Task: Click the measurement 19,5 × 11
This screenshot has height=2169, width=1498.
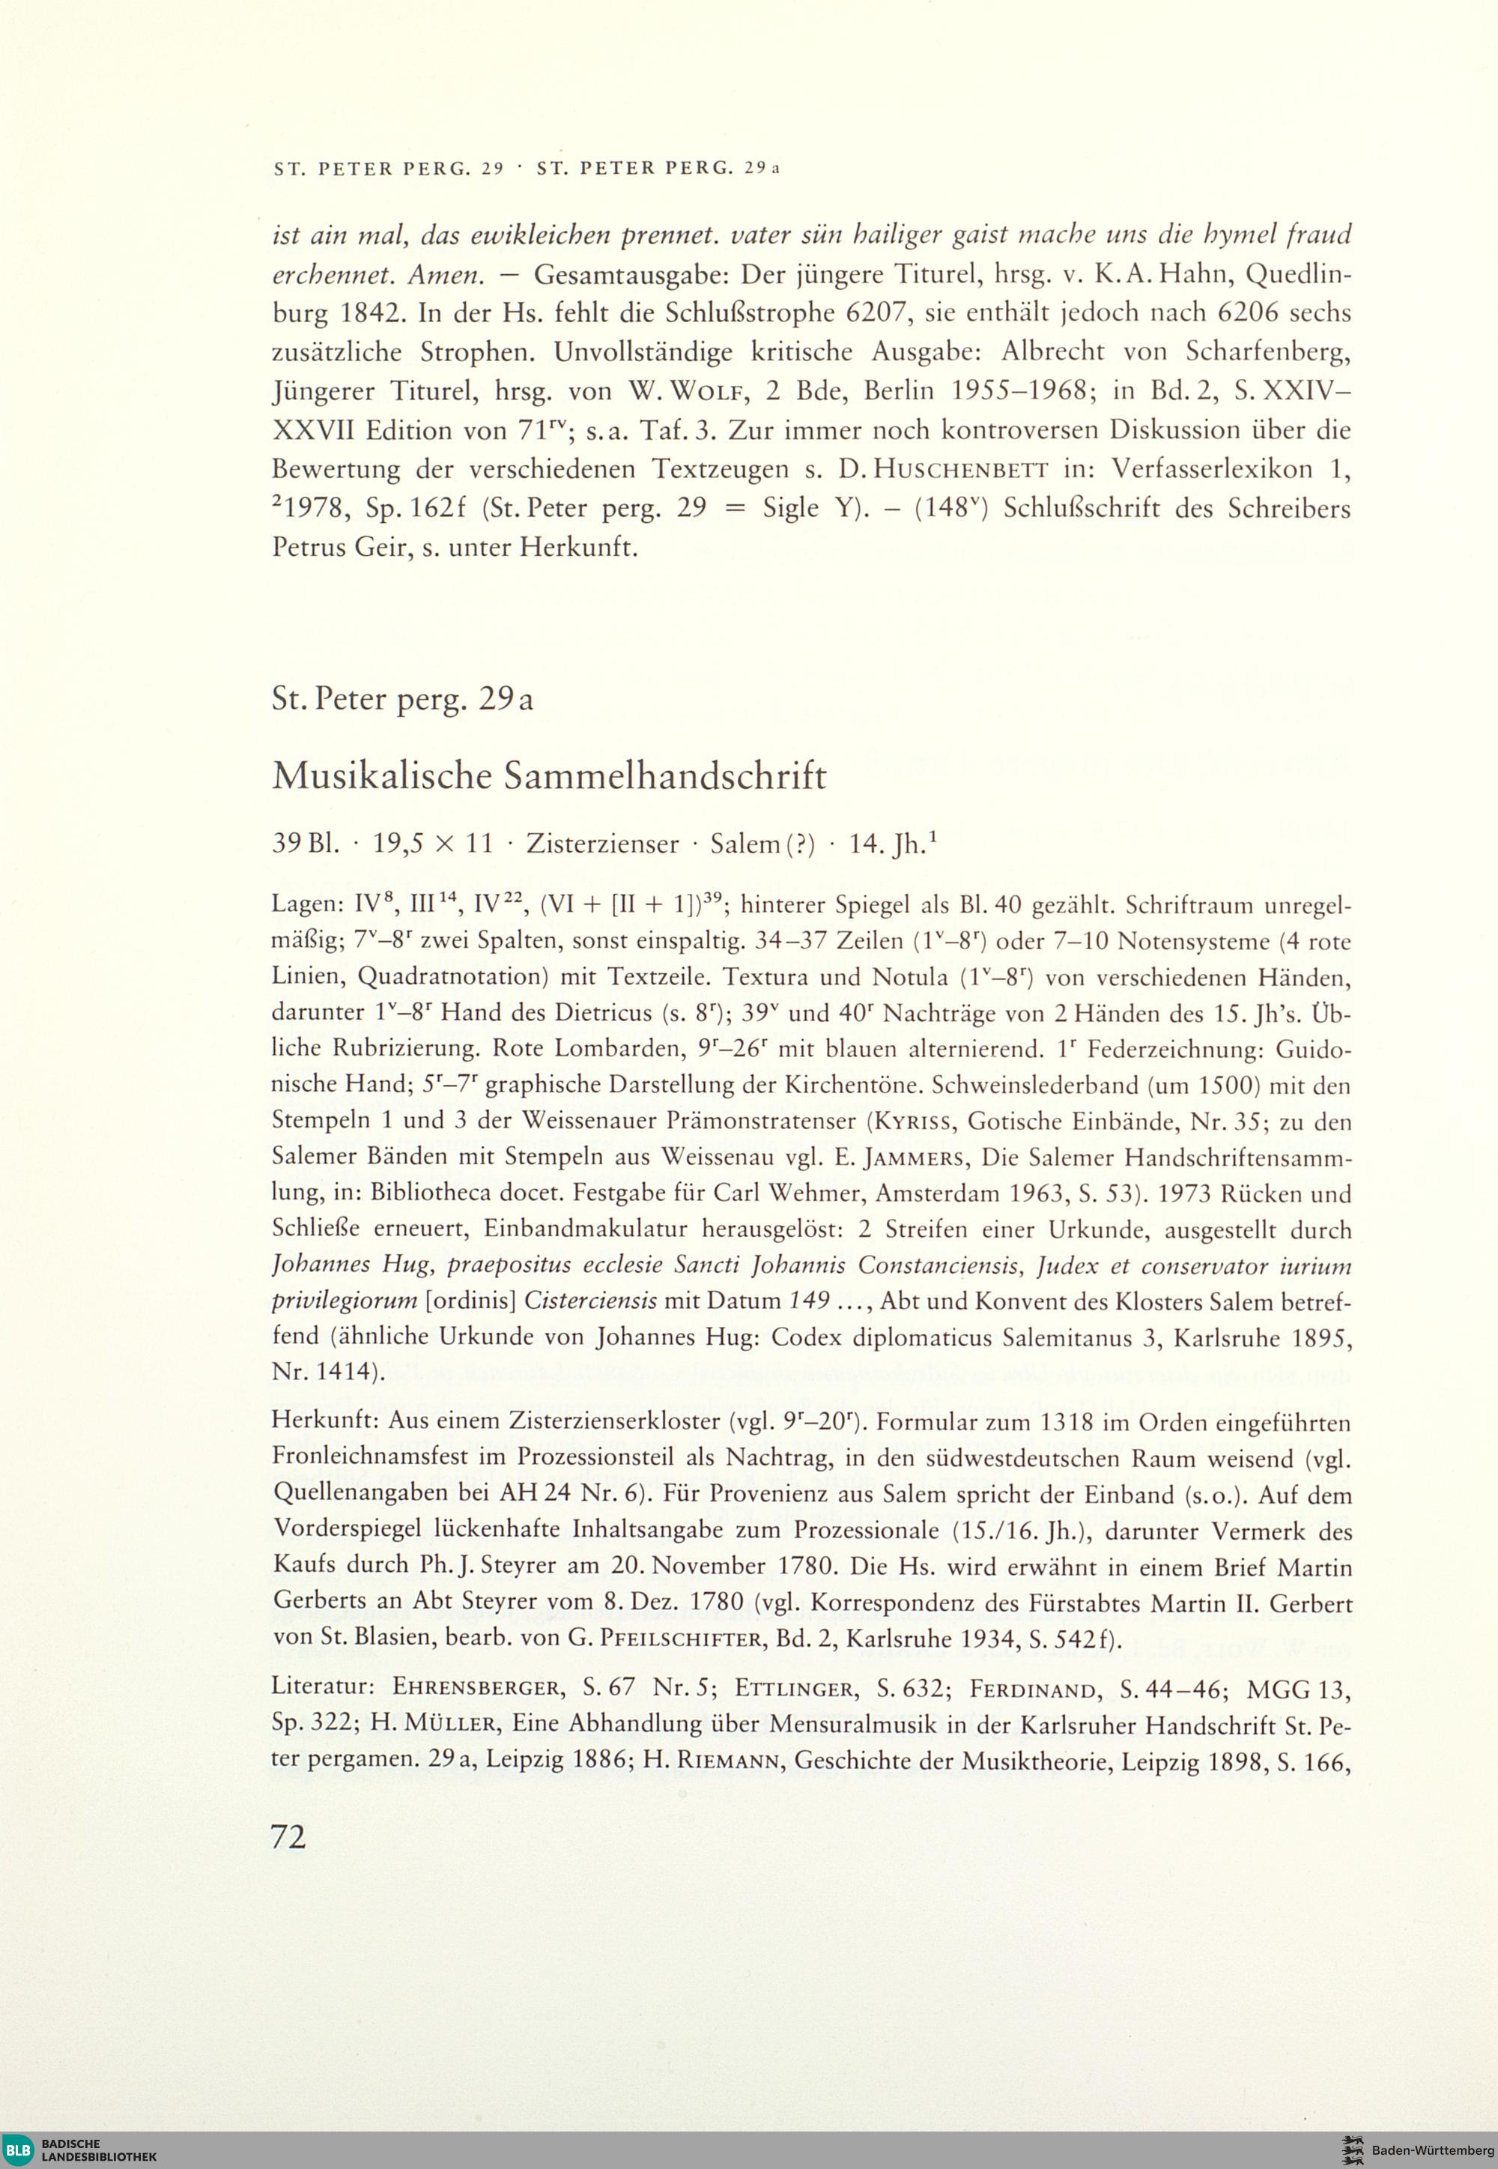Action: [x=433, y=844]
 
